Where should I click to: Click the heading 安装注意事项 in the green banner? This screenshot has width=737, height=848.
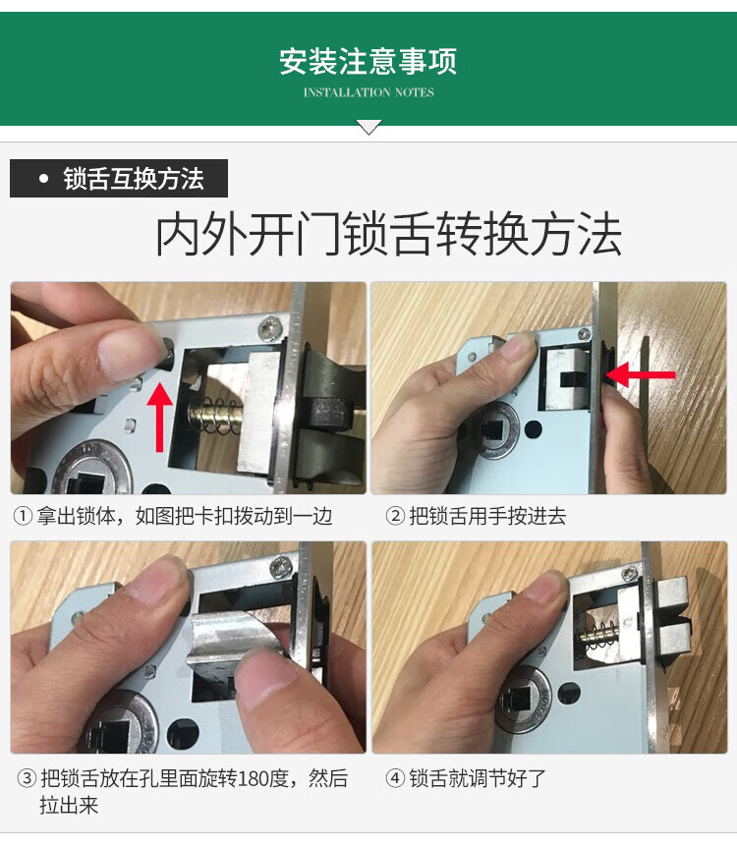point(368,61)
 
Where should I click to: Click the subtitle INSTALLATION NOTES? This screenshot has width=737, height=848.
point(368,92)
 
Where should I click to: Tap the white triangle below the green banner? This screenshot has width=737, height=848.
point(368,127)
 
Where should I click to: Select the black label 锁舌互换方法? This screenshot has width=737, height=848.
point(119,179)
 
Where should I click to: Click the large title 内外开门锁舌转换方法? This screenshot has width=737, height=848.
point(388,234)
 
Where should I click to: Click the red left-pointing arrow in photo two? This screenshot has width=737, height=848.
point(641,374)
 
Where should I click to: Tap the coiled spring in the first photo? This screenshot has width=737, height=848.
point(216,417)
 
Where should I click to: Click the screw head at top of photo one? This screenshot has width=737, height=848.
point(267,328)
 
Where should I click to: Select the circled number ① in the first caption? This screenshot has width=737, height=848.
point(23,516)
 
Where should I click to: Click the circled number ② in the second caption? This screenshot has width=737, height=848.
point(395,516)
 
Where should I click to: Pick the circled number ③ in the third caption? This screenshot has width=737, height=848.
point(28,779)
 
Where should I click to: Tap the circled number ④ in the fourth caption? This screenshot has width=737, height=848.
point(395,779)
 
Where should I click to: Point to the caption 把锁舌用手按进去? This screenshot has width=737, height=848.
point(487,516)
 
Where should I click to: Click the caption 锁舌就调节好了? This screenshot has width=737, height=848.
point(478,779)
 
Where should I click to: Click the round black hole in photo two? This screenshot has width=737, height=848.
point(534,429)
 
